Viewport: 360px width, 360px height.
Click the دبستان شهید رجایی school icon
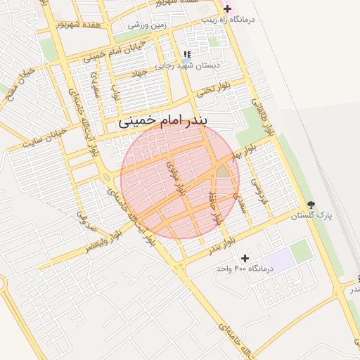click(x=186, y=54)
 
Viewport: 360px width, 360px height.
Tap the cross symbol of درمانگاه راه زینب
click(x=226, y=9)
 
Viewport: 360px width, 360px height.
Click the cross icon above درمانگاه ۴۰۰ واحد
click(x=245, y=259)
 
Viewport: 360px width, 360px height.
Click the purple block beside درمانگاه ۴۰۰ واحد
click(x=280, y=261)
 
